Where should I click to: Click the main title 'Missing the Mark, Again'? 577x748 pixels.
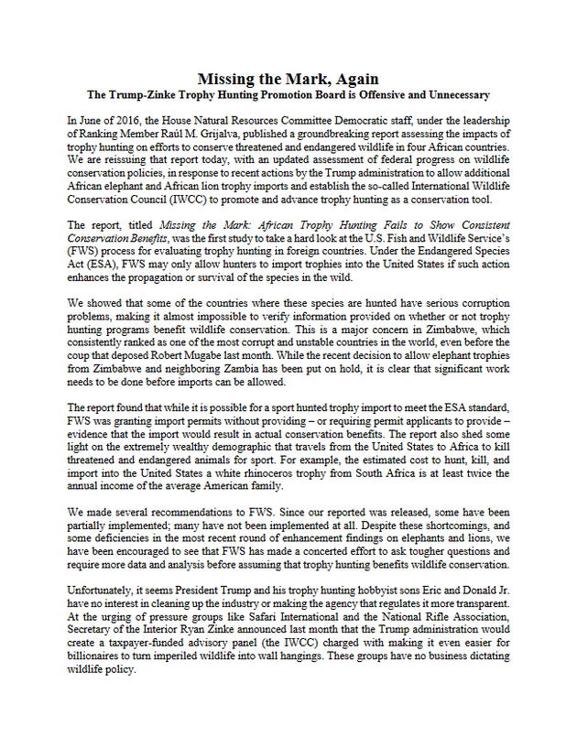[288, 80]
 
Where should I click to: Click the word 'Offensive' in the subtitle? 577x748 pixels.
[387, 95]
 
